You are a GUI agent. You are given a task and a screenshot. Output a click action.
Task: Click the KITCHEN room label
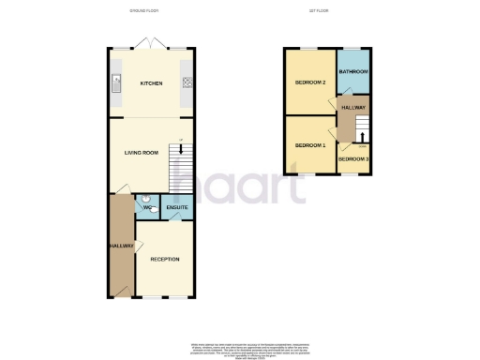pos(151,83)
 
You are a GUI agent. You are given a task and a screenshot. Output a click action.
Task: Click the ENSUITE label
pos(177,207)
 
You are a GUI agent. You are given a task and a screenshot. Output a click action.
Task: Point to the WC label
pos(148,208)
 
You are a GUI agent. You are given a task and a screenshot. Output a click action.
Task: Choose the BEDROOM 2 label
pos(310,82)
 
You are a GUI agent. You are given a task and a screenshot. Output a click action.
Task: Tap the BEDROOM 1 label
pos(309,145)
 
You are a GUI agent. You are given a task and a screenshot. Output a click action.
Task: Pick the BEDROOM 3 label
pos(352,159)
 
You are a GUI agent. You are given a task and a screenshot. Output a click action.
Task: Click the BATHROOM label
pos(353,72)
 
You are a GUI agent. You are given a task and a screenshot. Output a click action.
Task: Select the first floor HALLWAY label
pos(353,108)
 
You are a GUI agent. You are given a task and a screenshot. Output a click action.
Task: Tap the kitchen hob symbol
pos(186,82)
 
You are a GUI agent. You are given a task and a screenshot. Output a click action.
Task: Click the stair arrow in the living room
pos(180,149)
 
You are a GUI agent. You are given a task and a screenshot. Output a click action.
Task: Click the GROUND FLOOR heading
pos(143,11)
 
